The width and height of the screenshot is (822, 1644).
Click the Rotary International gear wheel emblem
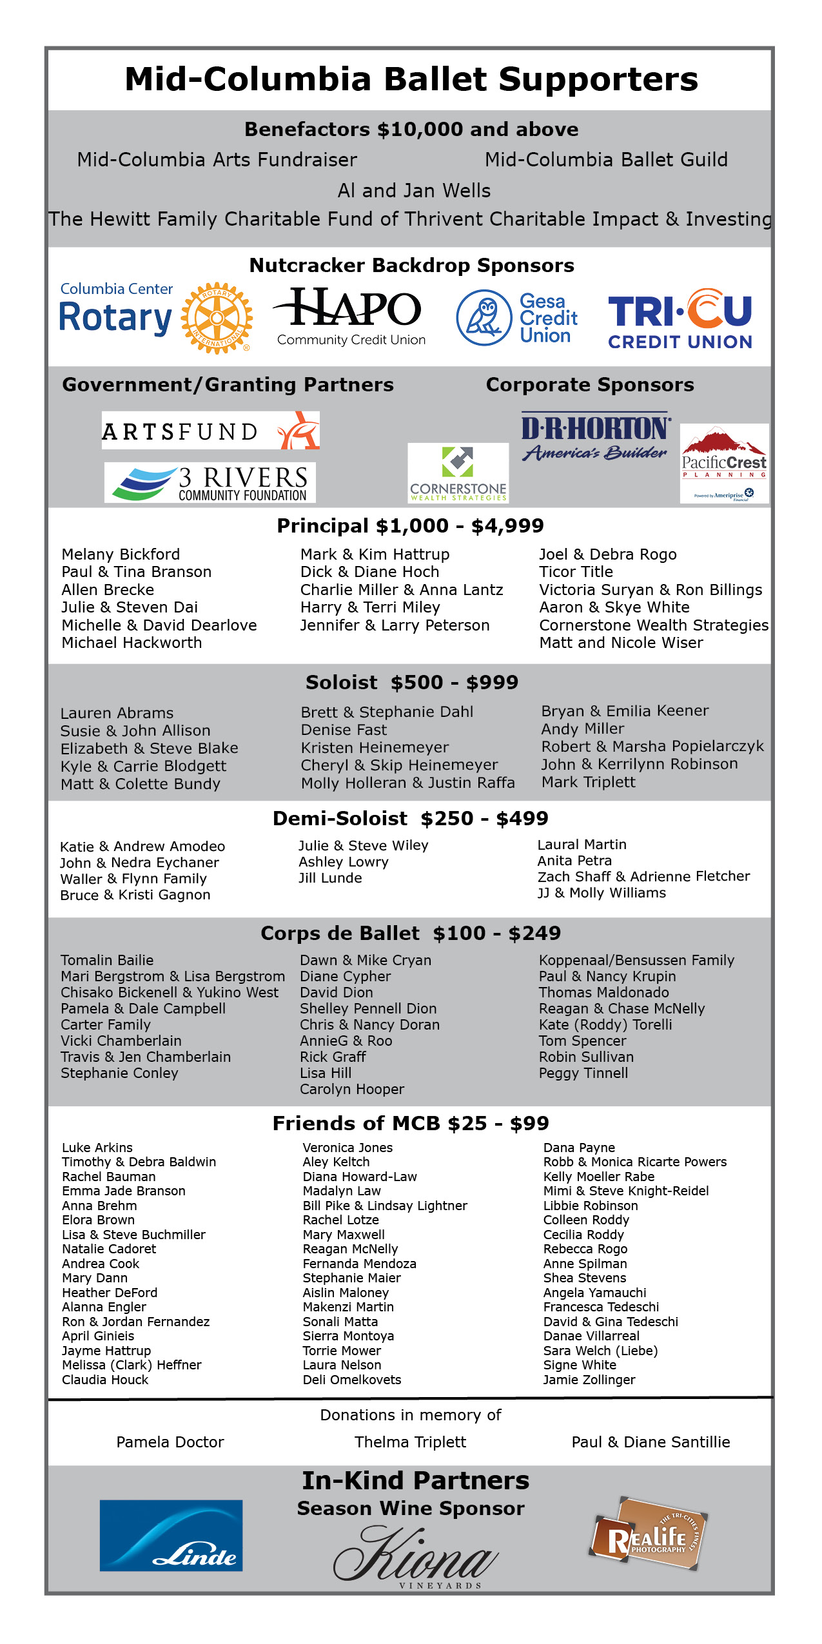coord(217,318)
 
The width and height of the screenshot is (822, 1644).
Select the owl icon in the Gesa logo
coord(484,318)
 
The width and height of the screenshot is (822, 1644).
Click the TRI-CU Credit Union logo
coord(680,319)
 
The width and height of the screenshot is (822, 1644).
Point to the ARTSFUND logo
coord(211,431)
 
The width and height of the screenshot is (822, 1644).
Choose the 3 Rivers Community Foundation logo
coord(210,483)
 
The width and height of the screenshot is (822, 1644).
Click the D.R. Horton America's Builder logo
coord(595,436)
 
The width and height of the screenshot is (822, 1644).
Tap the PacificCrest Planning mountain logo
coord(724,462)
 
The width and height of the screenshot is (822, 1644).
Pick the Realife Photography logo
coord(647,1535)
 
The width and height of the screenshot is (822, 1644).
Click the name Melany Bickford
coord(121,554)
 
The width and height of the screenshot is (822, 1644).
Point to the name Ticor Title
coord(576,572)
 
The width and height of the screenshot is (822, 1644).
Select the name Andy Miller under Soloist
coord(583,729)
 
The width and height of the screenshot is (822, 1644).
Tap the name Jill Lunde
coord(330,878)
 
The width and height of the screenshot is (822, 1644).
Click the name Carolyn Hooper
coord(352,1089)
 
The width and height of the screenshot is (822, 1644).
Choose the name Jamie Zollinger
coord(589,1380)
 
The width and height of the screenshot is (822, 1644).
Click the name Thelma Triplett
coord(410,1442)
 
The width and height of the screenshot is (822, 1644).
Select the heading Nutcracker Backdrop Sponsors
coord(411,266)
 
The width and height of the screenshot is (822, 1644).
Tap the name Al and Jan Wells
coord(414,191)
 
